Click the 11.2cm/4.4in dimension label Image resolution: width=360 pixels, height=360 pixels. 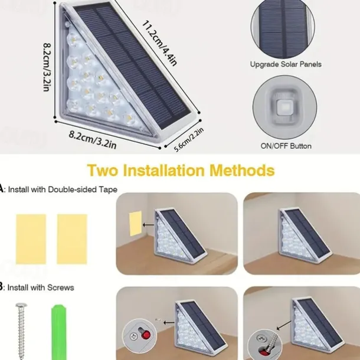[x=159, y=43]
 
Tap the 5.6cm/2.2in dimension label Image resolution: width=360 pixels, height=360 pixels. [x=189, y=140]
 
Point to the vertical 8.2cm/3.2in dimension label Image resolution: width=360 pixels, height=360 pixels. [x=47, y=67]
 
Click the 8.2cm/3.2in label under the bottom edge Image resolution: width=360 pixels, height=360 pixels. [x=93, y=140]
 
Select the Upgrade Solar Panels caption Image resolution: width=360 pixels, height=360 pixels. [x=286, y=64]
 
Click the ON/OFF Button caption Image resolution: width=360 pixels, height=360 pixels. [x=286, y=146]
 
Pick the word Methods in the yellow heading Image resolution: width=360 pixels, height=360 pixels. [x=242, y=171]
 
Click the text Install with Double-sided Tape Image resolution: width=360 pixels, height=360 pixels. [x=63, y=189]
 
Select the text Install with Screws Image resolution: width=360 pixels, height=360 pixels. [x=41, y=287]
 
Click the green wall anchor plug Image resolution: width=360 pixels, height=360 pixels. [x=59, y=332]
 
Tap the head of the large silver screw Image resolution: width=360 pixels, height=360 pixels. [x=21, y=306]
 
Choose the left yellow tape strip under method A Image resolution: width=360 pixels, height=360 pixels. [x=31, y=239]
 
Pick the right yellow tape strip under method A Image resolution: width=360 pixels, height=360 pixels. [x=72, y=239]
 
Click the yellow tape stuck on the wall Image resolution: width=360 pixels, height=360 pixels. [x=135, y=224]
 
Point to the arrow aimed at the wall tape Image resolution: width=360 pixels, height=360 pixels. [x=149, y=225]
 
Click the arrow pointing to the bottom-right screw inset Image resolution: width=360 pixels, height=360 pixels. [x=284, y=325]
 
